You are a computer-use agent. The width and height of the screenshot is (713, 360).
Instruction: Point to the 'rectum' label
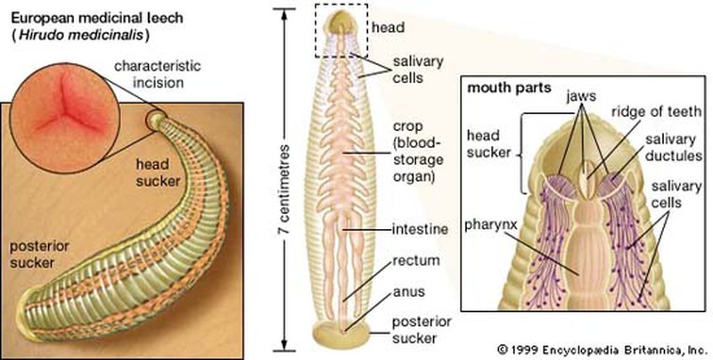tap(412, 263)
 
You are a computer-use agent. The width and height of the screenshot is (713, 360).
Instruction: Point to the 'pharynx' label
tap(488, 215)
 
